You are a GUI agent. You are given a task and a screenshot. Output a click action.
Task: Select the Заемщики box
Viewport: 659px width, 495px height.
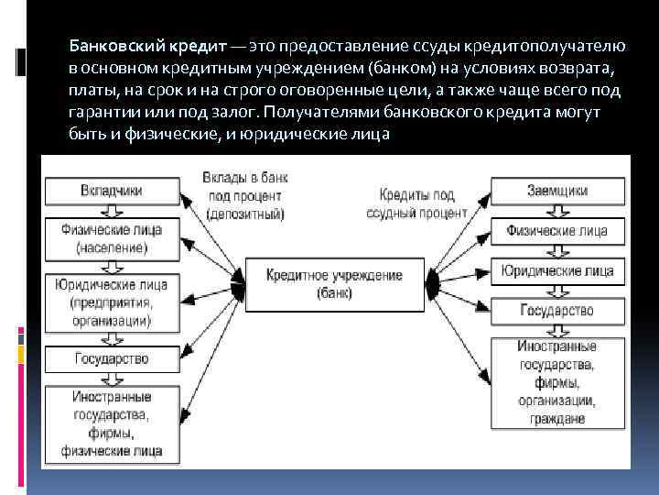[x=557, y=191]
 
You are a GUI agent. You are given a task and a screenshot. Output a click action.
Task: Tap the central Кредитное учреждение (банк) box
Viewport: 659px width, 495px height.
[x=334, y=284]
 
